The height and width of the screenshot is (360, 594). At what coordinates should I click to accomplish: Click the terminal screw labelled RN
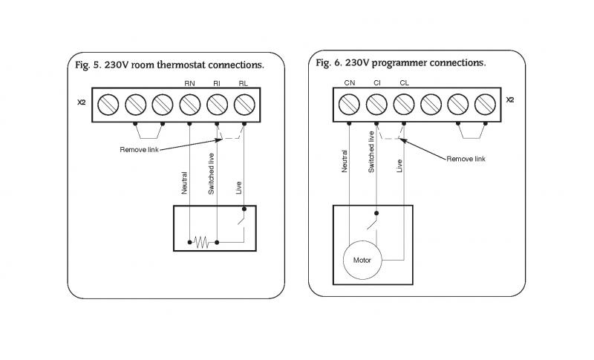click(189, 103)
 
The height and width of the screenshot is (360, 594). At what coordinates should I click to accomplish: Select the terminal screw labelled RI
click(217, 103)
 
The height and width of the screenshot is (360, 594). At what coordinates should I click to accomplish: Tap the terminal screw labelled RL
click(244, 103)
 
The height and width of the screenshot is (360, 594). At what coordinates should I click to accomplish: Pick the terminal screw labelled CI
click(376, 103)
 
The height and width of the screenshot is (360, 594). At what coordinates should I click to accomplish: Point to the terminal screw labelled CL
click(403, 103)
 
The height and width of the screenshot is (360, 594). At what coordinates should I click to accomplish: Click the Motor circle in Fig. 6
click(362, 261)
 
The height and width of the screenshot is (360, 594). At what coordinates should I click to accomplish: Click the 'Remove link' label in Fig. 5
click(139, 150)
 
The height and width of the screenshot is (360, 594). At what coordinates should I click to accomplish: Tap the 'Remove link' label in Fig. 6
click(466, 159)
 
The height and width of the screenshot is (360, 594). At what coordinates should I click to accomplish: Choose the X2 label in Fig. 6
click(509, 99)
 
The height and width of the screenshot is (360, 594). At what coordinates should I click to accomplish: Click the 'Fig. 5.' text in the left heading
click(91, 65)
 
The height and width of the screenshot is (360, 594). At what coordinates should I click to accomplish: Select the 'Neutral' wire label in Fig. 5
click(184, 183)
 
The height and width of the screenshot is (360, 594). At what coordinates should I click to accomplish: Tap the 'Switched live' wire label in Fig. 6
click(371, 152)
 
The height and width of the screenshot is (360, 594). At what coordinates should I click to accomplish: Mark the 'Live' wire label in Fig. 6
click(399, 166)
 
